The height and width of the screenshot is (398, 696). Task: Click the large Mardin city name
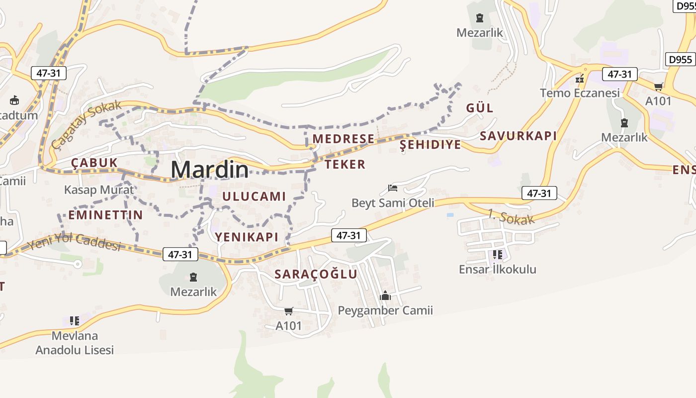[209, 170]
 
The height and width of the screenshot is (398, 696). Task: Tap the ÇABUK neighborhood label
[94, 163]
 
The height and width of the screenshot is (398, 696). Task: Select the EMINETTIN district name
[105, 215]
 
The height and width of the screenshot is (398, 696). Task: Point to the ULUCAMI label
[254, 196]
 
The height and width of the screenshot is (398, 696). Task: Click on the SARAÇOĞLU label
[316, 274]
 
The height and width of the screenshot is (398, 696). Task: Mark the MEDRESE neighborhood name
[343, 139]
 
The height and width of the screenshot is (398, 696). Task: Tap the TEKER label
[345, 164]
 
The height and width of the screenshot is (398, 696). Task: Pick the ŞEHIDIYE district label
[431, 145]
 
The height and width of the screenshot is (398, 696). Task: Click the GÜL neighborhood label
[480, 108]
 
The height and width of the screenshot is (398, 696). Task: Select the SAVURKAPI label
[518, 136]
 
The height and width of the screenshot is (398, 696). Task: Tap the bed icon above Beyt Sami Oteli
[393, 188]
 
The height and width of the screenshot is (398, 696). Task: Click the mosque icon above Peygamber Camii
[385, 296]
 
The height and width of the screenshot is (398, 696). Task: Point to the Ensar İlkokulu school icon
[497, 255]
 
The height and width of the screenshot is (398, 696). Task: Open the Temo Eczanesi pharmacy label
[580, 93]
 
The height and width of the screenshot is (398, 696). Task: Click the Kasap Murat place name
[99, 190]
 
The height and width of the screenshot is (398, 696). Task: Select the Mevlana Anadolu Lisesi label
[75, 343]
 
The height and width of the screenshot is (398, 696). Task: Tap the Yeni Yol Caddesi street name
[74, 242]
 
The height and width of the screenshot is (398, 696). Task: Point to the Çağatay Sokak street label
[87, 124]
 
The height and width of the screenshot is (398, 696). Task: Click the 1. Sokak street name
[511, 217]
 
